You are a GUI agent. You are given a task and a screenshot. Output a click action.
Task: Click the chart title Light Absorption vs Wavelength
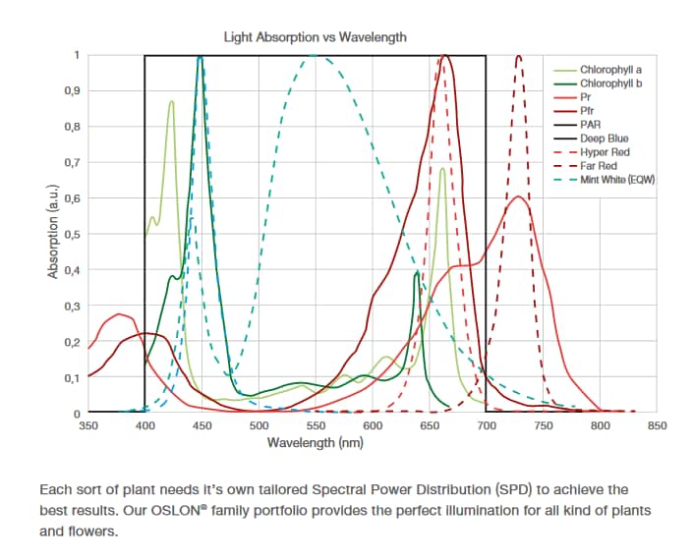(x=315, y=37)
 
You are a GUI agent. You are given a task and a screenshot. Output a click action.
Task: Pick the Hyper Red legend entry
(x=605, y=152)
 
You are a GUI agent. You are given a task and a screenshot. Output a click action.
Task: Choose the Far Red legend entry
(x=600, y=166)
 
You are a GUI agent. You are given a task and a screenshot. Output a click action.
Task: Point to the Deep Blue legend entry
(x=604, y=139)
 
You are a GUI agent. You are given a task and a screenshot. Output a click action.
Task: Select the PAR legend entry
(x=590, y=126)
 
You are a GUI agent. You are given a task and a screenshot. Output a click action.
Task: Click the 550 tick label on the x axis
(x=316, y=426)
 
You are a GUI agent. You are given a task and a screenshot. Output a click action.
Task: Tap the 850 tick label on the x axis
(x=657, y=426)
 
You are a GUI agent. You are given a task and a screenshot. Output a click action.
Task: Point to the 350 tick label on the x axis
(x=88, y=426)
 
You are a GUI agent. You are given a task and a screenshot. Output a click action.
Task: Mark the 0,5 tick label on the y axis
(x=72, y=234)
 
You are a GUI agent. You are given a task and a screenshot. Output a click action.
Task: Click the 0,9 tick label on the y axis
(x=72, y=90)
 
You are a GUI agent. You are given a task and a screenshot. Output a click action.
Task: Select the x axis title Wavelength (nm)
(x=316, y=443)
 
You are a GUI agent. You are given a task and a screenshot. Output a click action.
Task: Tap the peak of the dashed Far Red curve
(x=518, y=57)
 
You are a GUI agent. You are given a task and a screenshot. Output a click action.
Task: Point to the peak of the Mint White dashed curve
(x=316, y=56)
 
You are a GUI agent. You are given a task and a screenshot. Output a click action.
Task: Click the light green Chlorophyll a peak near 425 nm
(x=172, y=101)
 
